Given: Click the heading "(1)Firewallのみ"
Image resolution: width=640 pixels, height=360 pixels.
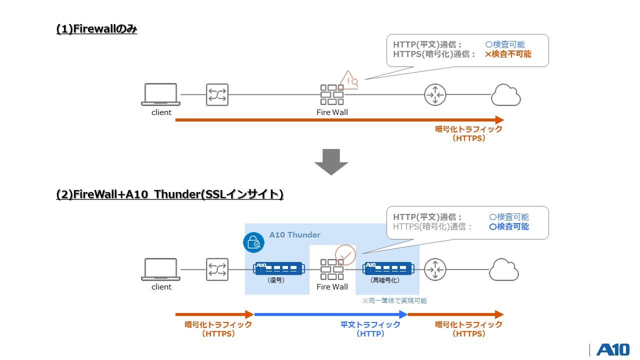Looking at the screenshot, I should pos(96,29).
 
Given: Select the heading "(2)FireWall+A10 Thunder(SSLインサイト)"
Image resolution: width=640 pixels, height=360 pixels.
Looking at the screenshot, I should pos(170,194).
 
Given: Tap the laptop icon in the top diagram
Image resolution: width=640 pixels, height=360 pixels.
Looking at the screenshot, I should pos(160,94).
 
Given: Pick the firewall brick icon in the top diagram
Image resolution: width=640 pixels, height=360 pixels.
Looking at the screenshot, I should pos(332,94).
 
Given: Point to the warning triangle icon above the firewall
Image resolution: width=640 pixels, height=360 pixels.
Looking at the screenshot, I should pos(349,80).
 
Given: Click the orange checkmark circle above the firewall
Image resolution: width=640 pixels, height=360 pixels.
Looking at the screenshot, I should pos(345,255).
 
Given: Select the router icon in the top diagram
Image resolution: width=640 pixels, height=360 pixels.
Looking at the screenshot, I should pos(435,94).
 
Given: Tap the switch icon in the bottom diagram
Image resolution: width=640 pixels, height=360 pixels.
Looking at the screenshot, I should pos(217,269).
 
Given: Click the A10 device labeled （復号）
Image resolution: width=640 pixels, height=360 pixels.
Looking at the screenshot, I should pos(278,268).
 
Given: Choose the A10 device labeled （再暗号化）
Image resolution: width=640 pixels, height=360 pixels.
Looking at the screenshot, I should pos(387,268).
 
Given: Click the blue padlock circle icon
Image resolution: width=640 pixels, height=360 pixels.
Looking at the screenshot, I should pos(253,242).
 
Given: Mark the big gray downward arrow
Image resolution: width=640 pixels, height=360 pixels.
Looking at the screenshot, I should pos(331,161).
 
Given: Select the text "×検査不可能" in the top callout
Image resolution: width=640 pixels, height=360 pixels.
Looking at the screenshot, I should pos(507,54).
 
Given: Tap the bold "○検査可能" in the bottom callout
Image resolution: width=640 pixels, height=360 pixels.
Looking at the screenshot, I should pos(508,226).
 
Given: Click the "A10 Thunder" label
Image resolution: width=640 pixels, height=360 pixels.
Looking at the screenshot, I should pos(294,234).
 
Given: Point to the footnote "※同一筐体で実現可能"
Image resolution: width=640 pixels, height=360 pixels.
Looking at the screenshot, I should pos(394,300).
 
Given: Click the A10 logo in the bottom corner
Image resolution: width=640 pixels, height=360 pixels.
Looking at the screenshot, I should pos(612,349).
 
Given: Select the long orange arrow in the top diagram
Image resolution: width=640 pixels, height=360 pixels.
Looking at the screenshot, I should pos(339,120).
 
